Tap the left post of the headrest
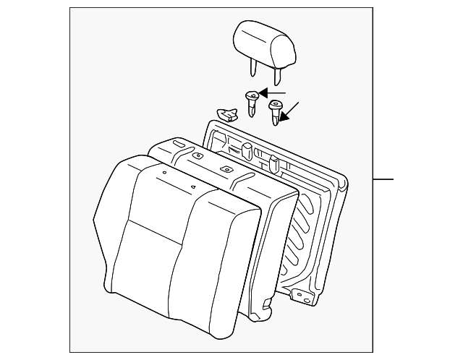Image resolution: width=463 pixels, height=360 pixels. point(253,68)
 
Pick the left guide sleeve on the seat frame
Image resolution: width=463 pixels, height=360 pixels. point(246,150)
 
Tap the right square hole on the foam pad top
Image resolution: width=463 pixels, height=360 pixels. point(226,169)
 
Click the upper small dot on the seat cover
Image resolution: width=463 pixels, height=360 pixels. point(165,173)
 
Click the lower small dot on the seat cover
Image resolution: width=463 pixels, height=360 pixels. point(194,186)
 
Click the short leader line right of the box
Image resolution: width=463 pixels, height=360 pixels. point(383,179)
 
